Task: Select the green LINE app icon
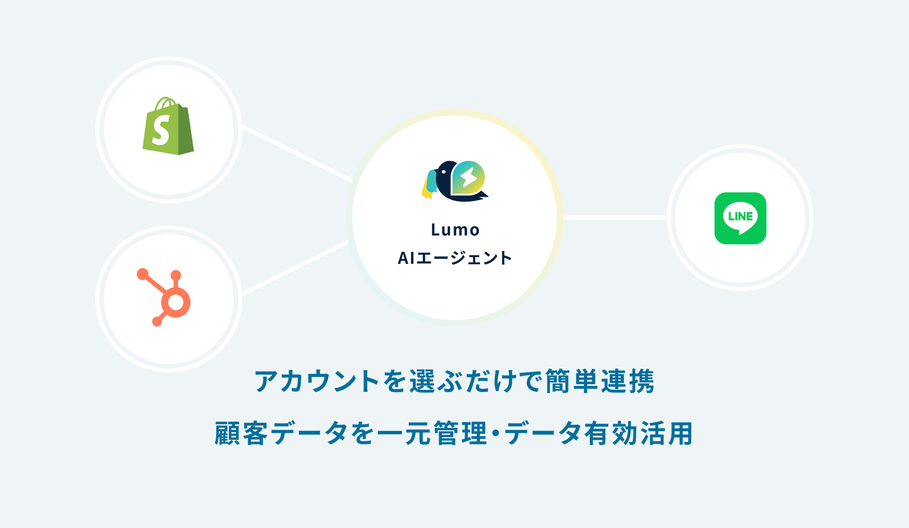pyautogui.click(x=740, y=218)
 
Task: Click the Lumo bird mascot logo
pyautogui.click(x=454, y=181)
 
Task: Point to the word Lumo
pyautogui.click(x=455, y=230)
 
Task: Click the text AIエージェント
pyautogui.click(x=454, y=258)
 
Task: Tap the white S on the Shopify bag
pyautogui.click(x=161, y=131)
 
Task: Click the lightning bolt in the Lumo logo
pyautogui.click(x=469, y=177)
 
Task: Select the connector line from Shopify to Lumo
pyautogui.click(x=297, y=154)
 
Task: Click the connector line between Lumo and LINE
pyautogui.click(x=615, y=218)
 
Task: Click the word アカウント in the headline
pyautogui.click(x=317, y=381)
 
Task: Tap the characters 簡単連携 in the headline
pyautogui.click(x=599, y=381)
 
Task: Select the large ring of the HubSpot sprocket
pyautogui.click(x=175, y=303)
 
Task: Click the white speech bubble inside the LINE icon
pyautogui.click(x=740, y=217)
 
